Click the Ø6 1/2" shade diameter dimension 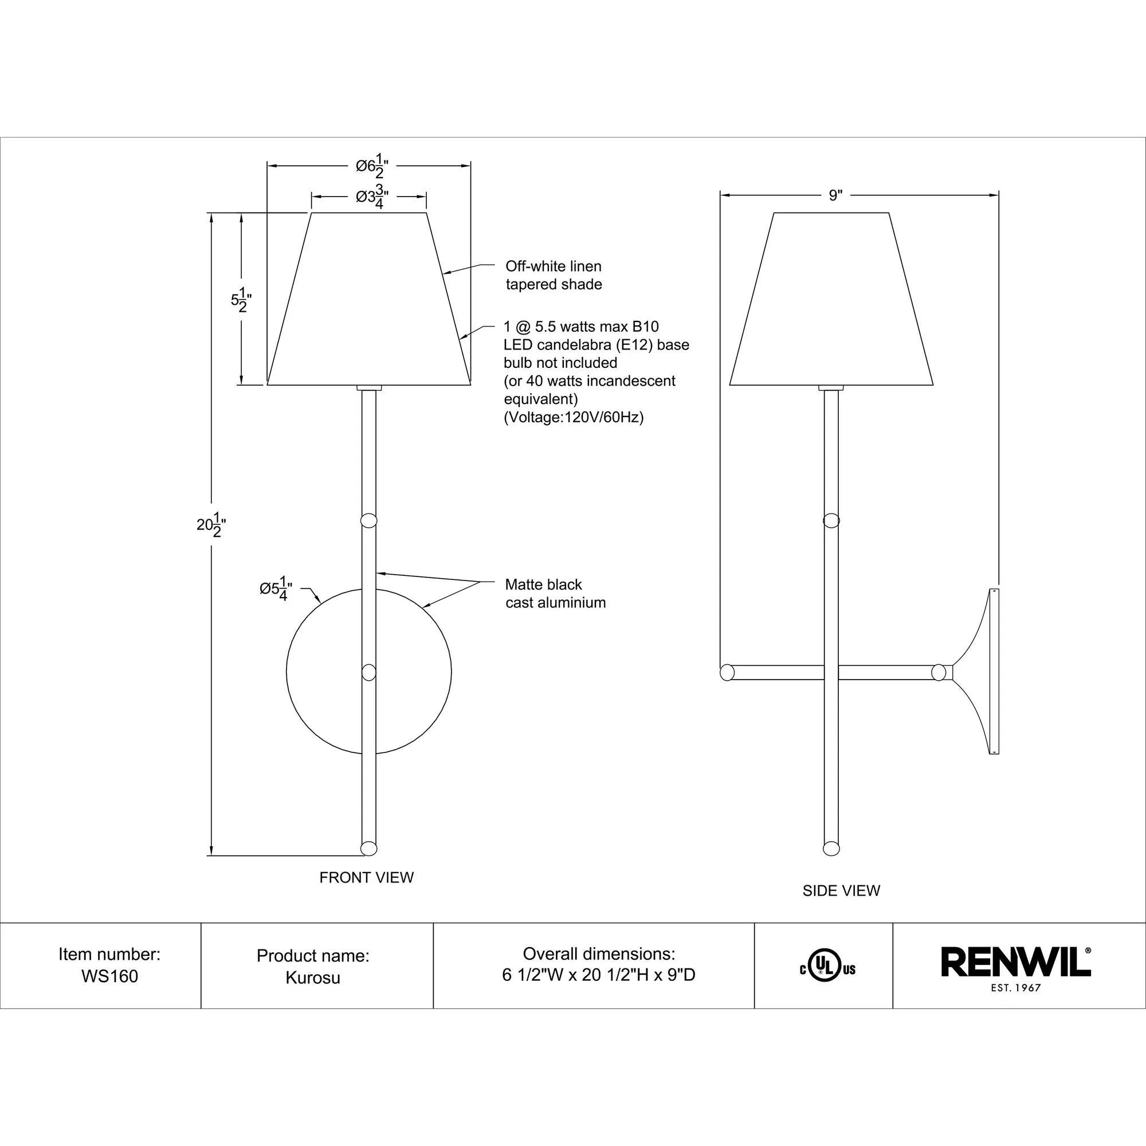pos(372,167)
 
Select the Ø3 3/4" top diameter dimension pos(372,198)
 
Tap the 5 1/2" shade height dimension pos(238,300)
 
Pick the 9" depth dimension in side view pos(835,195)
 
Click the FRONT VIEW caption pos(367,877)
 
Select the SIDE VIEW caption pos(841,907)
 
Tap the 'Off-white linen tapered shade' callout pos(554,275)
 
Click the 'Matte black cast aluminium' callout pos(555,593)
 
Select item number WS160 pos(110,976)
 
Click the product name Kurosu pos(313,977)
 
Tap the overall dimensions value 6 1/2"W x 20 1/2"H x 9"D pos(599,975)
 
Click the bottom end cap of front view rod pos(369,848)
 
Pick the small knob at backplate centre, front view pos(369,673)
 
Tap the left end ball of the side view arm pos(727,673)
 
